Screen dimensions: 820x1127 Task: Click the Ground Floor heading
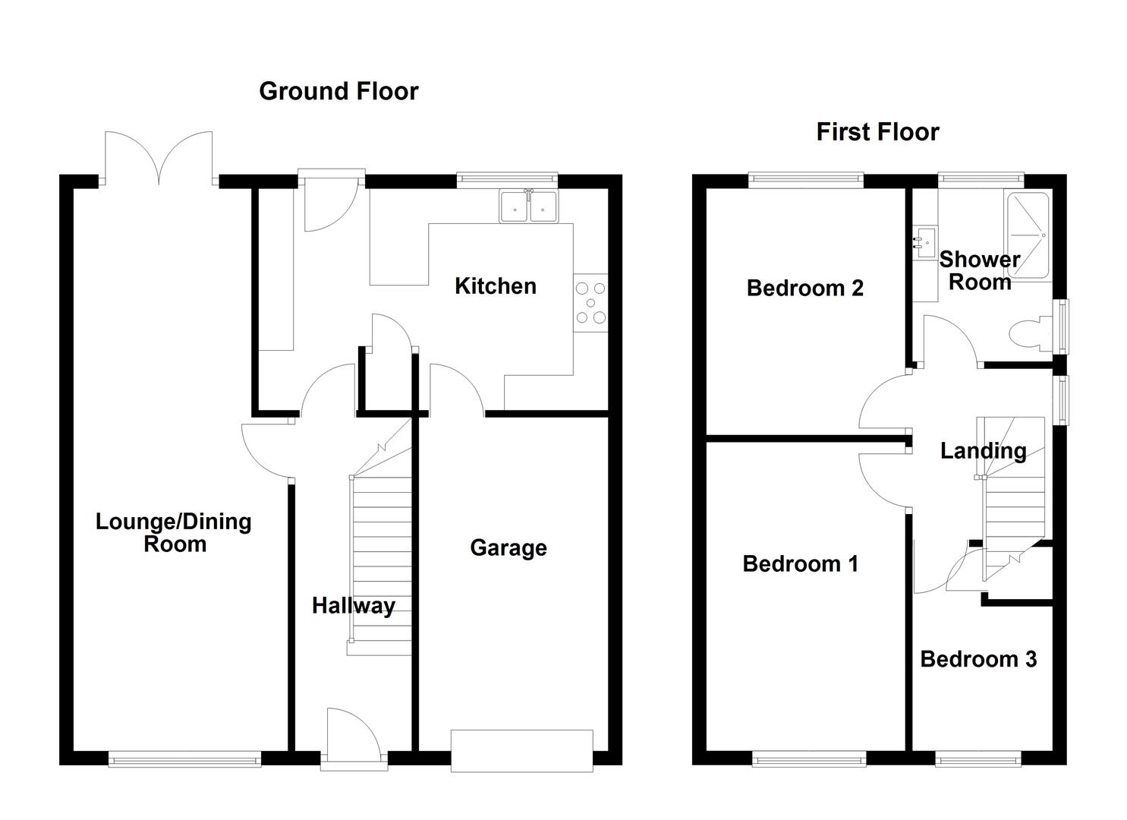[338, 91]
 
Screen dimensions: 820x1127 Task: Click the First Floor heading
[877, 132]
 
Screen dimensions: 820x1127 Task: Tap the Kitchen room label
[495, 286]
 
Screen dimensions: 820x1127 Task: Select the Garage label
[508, 547]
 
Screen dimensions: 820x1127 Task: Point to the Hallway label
[353, 606]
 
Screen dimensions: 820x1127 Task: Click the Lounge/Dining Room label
[174, 532]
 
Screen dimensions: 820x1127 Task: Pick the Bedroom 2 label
[804, 289]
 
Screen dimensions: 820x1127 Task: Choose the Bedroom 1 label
[800, 564]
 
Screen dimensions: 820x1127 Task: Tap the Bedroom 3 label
[977, 659]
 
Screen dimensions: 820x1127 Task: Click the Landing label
[983, 451]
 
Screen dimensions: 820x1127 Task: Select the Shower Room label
[979, 270]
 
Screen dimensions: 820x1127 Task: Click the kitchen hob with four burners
[590, 302]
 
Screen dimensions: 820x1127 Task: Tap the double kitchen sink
[529, 206]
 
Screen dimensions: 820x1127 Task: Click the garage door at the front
[521, 750]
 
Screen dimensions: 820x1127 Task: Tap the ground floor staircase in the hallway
[381, 562]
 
